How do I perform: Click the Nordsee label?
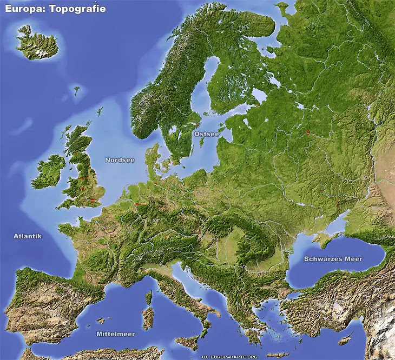pos(120,160)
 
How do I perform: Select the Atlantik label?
pos(28,236)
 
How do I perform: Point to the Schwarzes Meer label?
pos(333,259)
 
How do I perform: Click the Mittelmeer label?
pos(115,334)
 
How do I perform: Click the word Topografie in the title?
pos(77,9)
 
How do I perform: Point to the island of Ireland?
pos(49,171)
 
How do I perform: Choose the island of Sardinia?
pos(147,317)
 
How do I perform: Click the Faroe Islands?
pos(77,90)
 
